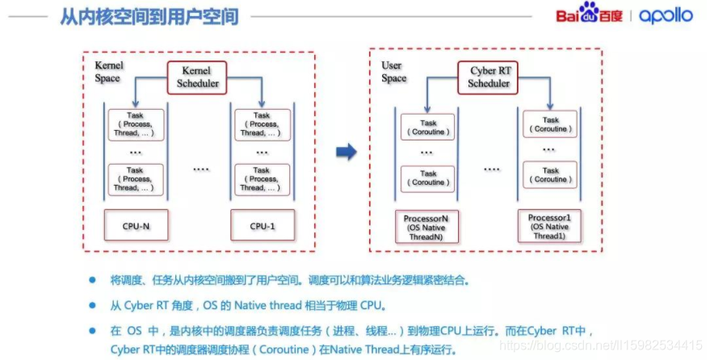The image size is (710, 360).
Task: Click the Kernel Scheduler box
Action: tap(196, 77)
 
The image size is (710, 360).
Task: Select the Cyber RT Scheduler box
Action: tap(489, 77)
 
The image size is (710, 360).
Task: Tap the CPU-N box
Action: tap(135, 226)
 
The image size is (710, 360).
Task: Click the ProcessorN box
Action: tap(428, 227)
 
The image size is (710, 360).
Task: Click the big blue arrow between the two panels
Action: tap(347, 150)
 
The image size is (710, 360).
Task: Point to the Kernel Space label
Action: tap(107, 71)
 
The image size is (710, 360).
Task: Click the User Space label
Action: tap(394, 71)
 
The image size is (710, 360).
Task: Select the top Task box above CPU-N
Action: tap(135, 125)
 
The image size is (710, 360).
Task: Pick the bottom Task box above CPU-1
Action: tap(261, 179)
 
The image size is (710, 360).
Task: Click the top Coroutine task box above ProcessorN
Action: tap(428, 127)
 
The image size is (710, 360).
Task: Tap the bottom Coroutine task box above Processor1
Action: tap(550, 175)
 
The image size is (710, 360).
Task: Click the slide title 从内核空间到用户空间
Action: tap(149, 16)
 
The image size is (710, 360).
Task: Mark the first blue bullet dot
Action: tap(92, 280)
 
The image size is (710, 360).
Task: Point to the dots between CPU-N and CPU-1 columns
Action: tap(201, 170)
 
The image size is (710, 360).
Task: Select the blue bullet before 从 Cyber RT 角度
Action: tap(92, 305)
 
